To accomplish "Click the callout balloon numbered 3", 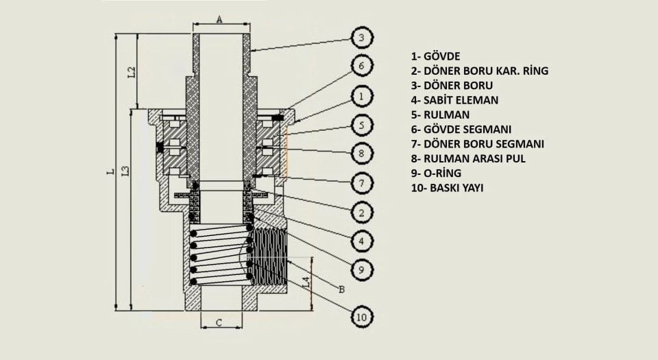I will point(362,37).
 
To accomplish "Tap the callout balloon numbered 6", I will point(362,67).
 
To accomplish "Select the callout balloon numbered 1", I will point(362,96).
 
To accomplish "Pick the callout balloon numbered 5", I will point(362,125).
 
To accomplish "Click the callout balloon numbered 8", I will point(362,154).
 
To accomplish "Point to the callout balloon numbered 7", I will point(362,183).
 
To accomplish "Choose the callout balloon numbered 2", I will point(362,213).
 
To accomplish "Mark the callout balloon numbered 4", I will point(362,241).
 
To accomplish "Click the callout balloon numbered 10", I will point(362,316).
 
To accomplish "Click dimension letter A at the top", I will point(219,19).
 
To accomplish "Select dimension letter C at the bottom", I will point(219,322).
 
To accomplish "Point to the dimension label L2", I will point(132,71).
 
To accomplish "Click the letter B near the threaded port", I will point(341,289).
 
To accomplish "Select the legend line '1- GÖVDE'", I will point(435,56).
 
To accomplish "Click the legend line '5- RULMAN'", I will point(440,115).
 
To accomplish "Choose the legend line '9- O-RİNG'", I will point(436,173).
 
